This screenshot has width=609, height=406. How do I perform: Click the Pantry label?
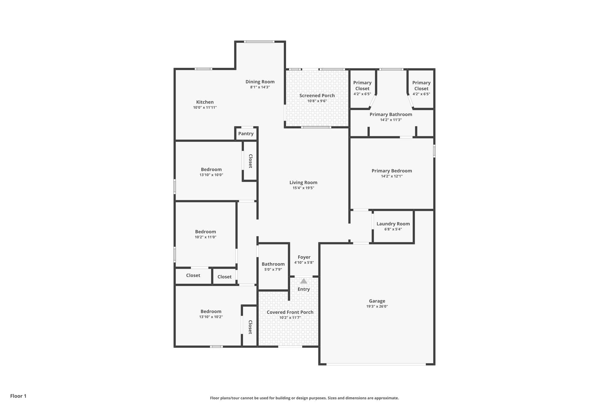pyautogui.click(x=246, y=134)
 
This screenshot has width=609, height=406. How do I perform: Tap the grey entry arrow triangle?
pyautogui.click(x=304, y=281)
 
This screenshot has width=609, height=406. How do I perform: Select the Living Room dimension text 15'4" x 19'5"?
pyautogui.click(x=303, y=188)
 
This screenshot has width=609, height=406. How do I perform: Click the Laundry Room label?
pyautogui.click(x=393, y=224)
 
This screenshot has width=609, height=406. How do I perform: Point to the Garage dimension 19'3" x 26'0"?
pyautogui.click(x=377, y=306)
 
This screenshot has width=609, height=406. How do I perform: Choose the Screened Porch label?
pyautogui.click(x=317, y=95)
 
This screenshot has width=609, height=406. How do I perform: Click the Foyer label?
pyautogui.click(x=304, y=257)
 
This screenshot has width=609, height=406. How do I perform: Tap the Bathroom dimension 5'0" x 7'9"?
pyautogui.click(x=273, y=269)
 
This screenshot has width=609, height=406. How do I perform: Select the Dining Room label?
pyautogui.click(x=260, y=82)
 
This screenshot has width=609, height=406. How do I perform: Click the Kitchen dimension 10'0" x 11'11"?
pyautogui.click(x=205, y=107)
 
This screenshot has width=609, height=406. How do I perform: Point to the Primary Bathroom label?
pyautogui.click(x=391, y=115)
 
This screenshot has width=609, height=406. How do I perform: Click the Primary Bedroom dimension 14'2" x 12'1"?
pyautogui.click(x=392, y=176)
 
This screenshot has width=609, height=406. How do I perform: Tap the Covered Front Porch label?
pyautogui.click(x=290, y=312)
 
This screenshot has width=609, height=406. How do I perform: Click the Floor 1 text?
pyautogui.click(x=18, y=396)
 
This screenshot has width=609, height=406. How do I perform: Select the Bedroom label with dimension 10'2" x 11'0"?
pyautogui.click(x=205, y=232)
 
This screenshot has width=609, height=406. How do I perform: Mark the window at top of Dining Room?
pyautogui.click(x=259, y=42)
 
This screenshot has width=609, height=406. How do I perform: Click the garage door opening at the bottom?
pyautogui.click(x=376, y=364)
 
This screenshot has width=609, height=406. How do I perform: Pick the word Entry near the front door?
pyautogui.click(x=304, y=289)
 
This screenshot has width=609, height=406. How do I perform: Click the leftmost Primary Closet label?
pyautogui.click(x=362, y=86)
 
